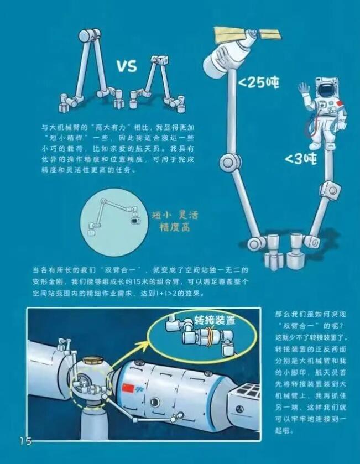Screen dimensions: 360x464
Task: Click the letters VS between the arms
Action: point(127,66)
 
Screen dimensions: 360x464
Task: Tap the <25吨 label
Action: point(259,82)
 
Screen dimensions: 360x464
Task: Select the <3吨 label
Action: point(301,159)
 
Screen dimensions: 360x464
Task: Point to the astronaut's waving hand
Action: point(304,90)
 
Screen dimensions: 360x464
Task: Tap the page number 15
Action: point(26,441)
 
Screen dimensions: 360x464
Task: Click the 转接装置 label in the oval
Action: point(215,320)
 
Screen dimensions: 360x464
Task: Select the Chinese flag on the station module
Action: point(128,387)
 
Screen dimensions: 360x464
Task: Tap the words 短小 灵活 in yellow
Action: point(175,215)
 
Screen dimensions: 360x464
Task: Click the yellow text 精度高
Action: point(175,227)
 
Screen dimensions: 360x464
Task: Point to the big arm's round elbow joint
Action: point(228,162)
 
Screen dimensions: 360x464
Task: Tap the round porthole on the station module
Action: point(155,402)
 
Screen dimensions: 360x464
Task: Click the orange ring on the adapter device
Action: point(210,337)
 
